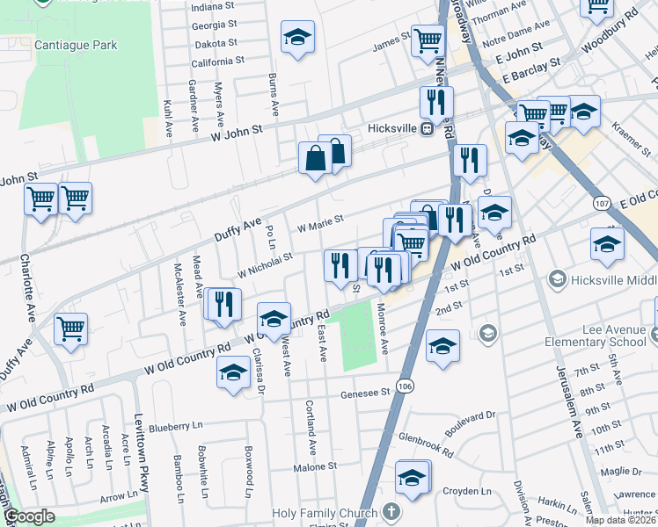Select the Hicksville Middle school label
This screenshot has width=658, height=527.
[x=611, y=279]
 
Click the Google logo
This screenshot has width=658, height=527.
[x=30, y=516]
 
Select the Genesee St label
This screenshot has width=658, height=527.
[x=365, y=394]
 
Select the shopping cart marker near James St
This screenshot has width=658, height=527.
[x=427, y=39]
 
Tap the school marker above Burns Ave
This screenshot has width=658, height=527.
[x=297, y=38]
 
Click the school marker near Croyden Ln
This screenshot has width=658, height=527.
[x=411, y=477]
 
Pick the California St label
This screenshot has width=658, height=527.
[x=217, y=61]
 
